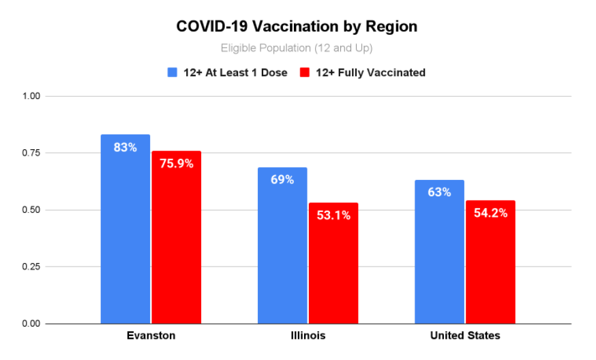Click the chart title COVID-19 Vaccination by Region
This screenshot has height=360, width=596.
point(297,27)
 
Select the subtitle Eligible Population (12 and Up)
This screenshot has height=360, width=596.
point(297,48)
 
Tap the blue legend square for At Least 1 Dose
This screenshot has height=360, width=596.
point(173,72)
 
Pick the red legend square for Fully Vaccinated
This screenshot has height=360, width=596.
point(306,72)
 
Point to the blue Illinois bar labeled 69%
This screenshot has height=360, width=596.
point(282,245)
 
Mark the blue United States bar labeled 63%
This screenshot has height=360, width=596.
point(439,252)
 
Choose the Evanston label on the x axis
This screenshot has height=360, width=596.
point(151,335)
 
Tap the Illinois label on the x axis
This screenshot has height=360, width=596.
point(308,335)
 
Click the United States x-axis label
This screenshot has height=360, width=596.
point(465,335)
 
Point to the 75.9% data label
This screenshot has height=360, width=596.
point(176,164)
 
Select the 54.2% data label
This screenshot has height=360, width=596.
point(490,213)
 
